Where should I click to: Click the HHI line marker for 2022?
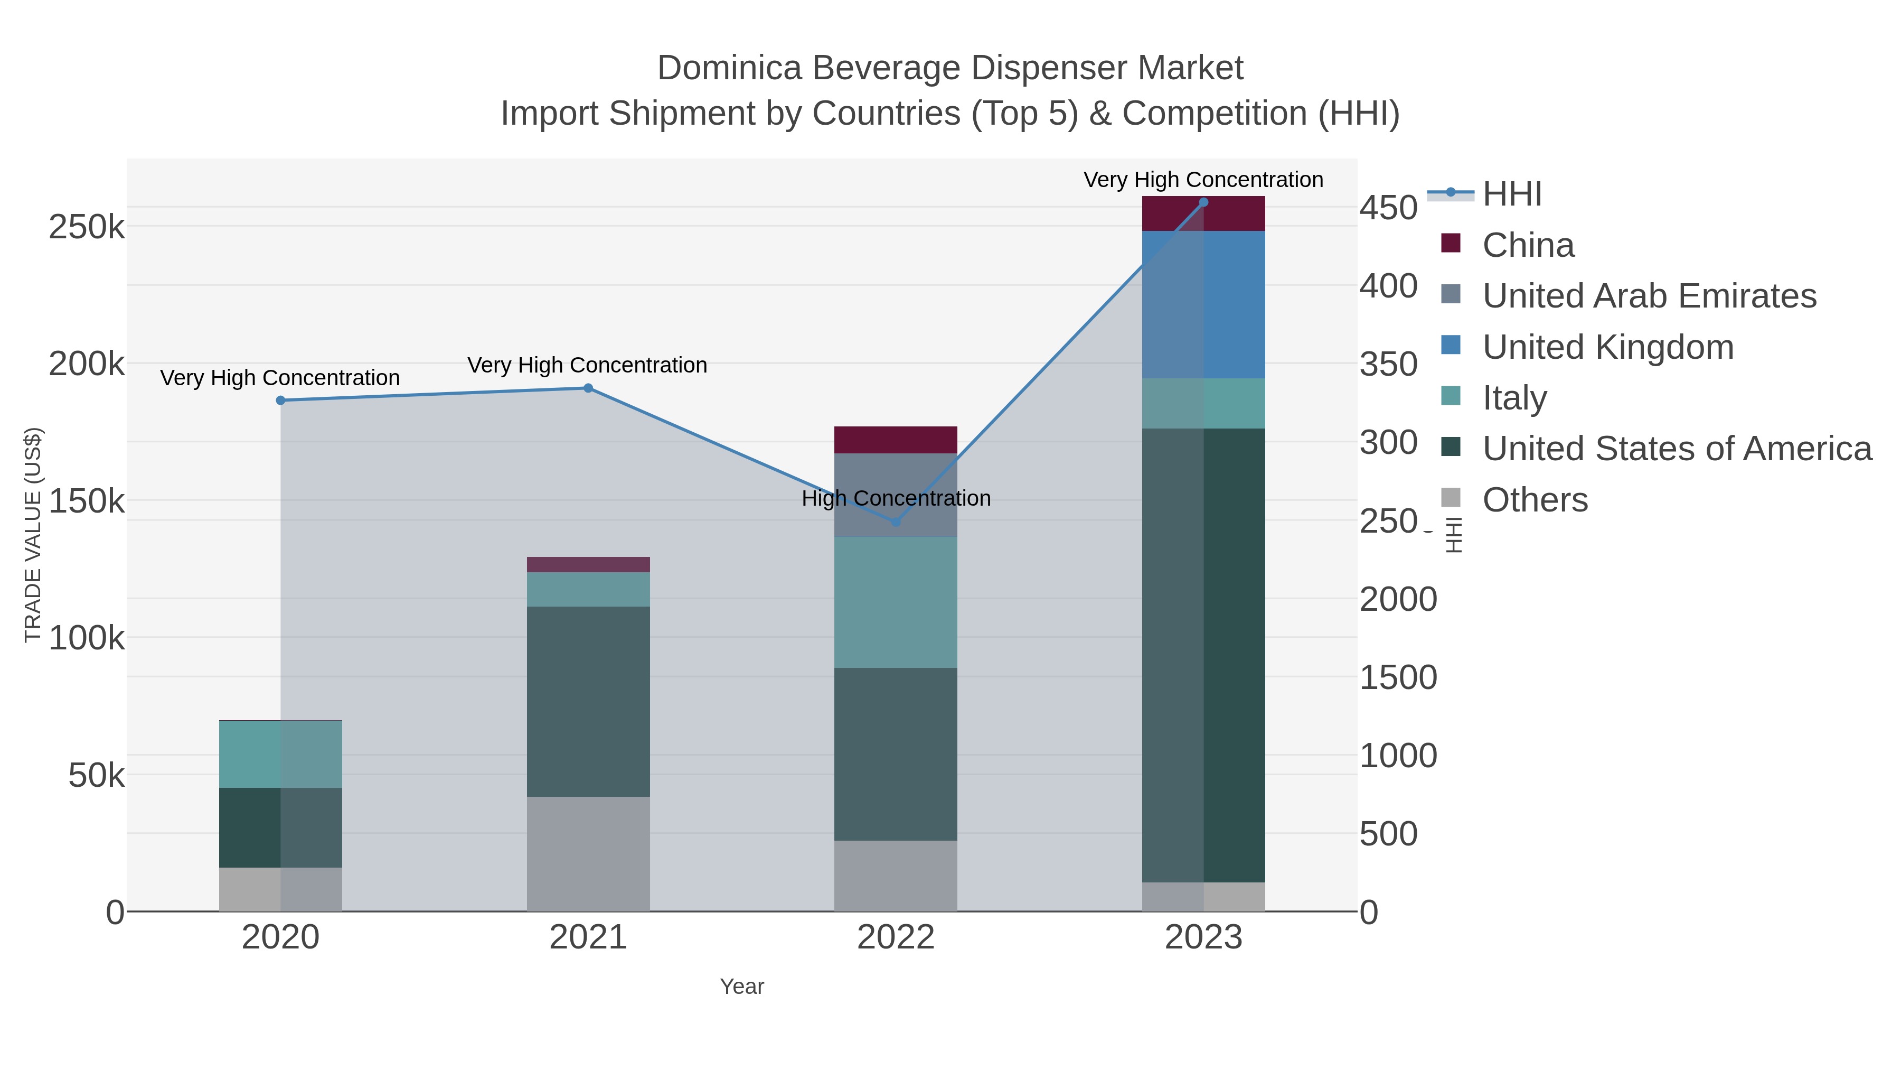click(x=896, y=522)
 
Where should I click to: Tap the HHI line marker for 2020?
click(x=280, y=400)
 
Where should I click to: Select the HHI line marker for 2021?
click(x=588, y=388)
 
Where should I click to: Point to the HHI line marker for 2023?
click(x=1203, y=202)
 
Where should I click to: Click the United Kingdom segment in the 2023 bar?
click(x=1203, y=304)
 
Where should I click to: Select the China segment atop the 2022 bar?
click(x=896, y=440)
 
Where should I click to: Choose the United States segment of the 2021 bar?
click(x=588, y=702)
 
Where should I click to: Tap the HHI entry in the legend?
click(x=1511, y=194)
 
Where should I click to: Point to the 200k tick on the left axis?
click(x=87, y=364)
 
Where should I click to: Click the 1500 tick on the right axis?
click(x=1398, y=677)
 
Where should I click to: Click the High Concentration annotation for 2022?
click(x=896, y=498)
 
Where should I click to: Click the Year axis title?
click(x=742, y=987)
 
